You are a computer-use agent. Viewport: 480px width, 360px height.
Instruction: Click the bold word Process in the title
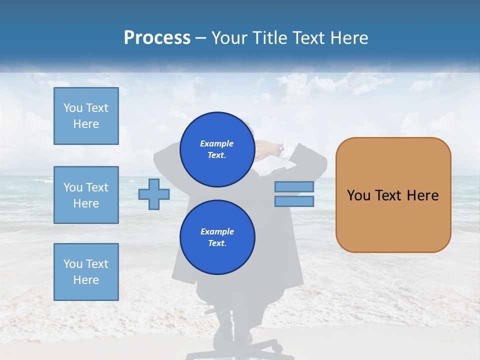pyautogui.click(x=157, y=38)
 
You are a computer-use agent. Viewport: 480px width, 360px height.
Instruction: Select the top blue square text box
pyautogui.click(x=86, y=116)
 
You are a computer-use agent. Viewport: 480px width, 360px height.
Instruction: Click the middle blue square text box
pyautogui.click(x=86, y=195)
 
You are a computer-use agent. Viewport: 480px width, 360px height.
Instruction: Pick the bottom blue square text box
pyautogui.click(x=86, y=272)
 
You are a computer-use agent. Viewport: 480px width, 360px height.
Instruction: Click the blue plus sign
pyautogui.click(x=154, y=194)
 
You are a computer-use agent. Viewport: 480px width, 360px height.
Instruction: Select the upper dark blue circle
pyautogui.click(x=217, y=149)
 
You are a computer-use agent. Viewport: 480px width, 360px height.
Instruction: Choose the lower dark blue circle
pyautogui.click(x=217, y=237)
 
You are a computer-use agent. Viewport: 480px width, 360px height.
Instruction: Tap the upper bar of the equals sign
pyautogui.click(x=294, y=186)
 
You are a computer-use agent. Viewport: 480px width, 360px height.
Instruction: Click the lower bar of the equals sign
pyautogui.click(x=294, y=201)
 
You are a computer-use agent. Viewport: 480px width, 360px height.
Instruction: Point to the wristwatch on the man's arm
pyautogui.click(x=281, y=148)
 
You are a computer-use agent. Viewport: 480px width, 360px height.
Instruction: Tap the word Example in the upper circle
pyautogui.click(x=217, y=143)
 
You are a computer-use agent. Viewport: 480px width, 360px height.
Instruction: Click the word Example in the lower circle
pyautogui.click(x=217, y=231)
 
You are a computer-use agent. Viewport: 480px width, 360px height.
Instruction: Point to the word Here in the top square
pyautogui.click(x=86, y=124)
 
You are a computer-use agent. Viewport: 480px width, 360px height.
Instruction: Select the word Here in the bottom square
pyautogui.click(x=86, y=280)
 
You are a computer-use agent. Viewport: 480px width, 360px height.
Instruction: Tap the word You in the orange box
pyautogui.click(x=358, y=195)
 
